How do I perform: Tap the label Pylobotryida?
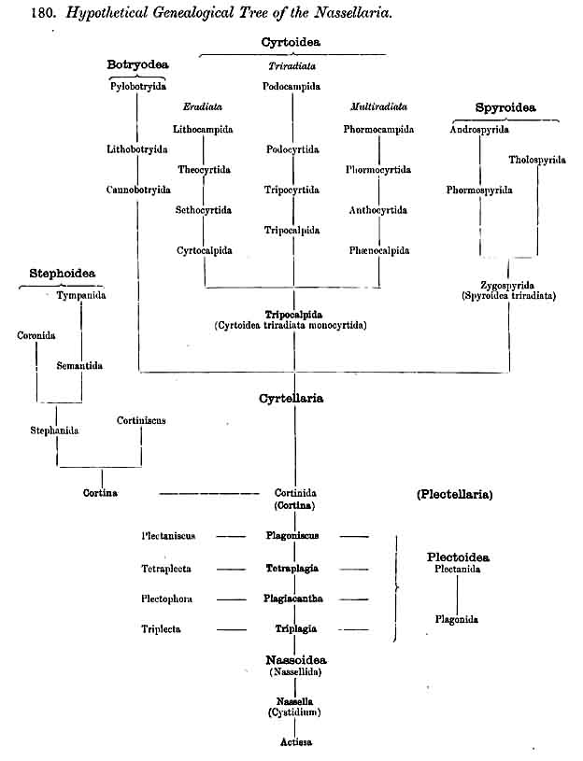pyautogui.click(x=137, y=86)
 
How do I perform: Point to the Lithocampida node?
pyautogui.click(x=204, y=129)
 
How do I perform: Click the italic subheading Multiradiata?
pyautogui.click(x=378, y=106)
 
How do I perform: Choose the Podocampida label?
pyautogui.click(x=292, y=86)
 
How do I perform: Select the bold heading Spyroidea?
pyautogui.click(x=505, y=108)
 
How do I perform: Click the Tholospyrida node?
pyautogui.click(x=537, y=160)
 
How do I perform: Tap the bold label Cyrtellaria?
pyautogui.click(x=292, y=399)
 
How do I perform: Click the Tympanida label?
pyautogui.click(x=81, y=295)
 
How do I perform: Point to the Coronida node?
pyautogui.click(x=37, y=335)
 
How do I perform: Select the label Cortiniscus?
pyautogui.click(x=142, y=420)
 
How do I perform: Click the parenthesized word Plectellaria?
pyautogui.click(x=455, y=494)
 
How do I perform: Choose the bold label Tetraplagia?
pyautogui.click(x=292, y=568)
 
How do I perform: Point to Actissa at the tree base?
pyautogui.click(x=295, y=742)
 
